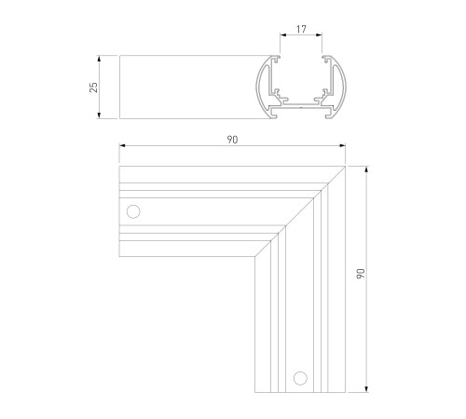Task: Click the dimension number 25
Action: click(92, 87)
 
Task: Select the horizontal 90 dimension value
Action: click(232, 140)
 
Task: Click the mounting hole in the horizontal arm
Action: click(133, 211)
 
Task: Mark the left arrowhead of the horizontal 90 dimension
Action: click(122, 147)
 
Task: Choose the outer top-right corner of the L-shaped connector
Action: click(344, 168)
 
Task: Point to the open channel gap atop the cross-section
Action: click(301, 59)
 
